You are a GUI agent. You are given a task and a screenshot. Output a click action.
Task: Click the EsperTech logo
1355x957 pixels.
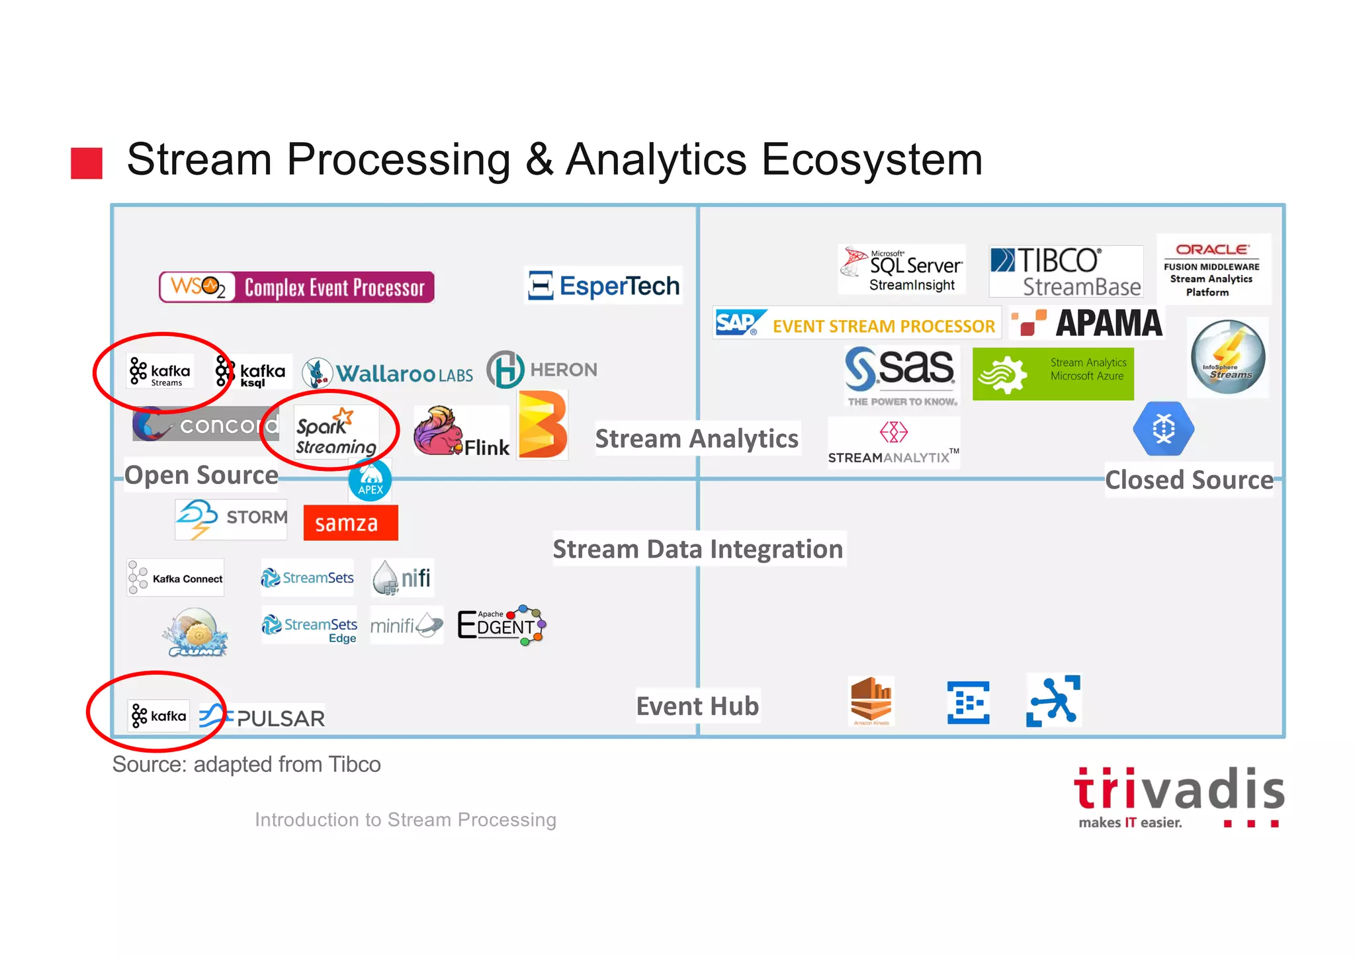point(603,286)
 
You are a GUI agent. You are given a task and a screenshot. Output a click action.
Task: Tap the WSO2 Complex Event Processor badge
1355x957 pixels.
point(296,287)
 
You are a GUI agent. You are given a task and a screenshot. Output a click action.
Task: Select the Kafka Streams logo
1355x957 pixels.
point(160,372)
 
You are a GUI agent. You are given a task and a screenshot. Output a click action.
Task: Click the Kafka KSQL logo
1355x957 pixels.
point(251,372)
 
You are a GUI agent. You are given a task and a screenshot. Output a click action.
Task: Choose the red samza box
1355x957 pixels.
point(350,523)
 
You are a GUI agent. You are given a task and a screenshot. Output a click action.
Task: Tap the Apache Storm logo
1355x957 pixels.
point(231,519)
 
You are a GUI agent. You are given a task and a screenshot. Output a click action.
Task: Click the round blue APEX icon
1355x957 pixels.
point(370,481)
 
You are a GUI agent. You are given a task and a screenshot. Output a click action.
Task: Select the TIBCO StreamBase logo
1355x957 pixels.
point(1065,271)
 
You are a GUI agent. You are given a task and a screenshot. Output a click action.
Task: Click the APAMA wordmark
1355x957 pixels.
point(1108,323)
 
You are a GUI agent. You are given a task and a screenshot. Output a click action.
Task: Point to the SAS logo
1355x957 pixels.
point(901,372)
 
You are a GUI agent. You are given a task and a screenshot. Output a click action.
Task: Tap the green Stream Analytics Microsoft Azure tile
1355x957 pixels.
point(1053,374)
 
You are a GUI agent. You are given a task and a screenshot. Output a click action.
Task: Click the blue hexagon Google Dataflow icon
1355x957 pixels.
point(1163,429)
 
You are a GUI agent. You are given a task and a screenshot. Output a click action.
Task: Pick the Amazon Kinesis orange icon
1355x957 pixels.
point(871,701)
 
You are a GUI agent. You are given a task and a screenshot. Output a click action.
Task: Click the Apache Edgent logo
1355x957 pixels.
point(502,624)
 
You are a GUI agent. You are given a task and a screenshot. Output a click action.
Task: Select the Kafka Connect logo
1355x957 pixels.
point(175,578)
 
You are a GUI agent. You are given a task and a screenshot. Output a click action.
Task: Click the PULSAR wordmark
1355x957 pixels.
point(281,718)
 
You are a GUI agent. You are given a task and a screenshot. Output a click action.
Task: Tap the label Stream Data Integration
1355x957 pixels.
point(697,549)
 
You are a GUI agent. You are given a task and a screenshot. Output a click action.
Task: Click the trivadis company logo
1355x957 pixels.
point(1178,796)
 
